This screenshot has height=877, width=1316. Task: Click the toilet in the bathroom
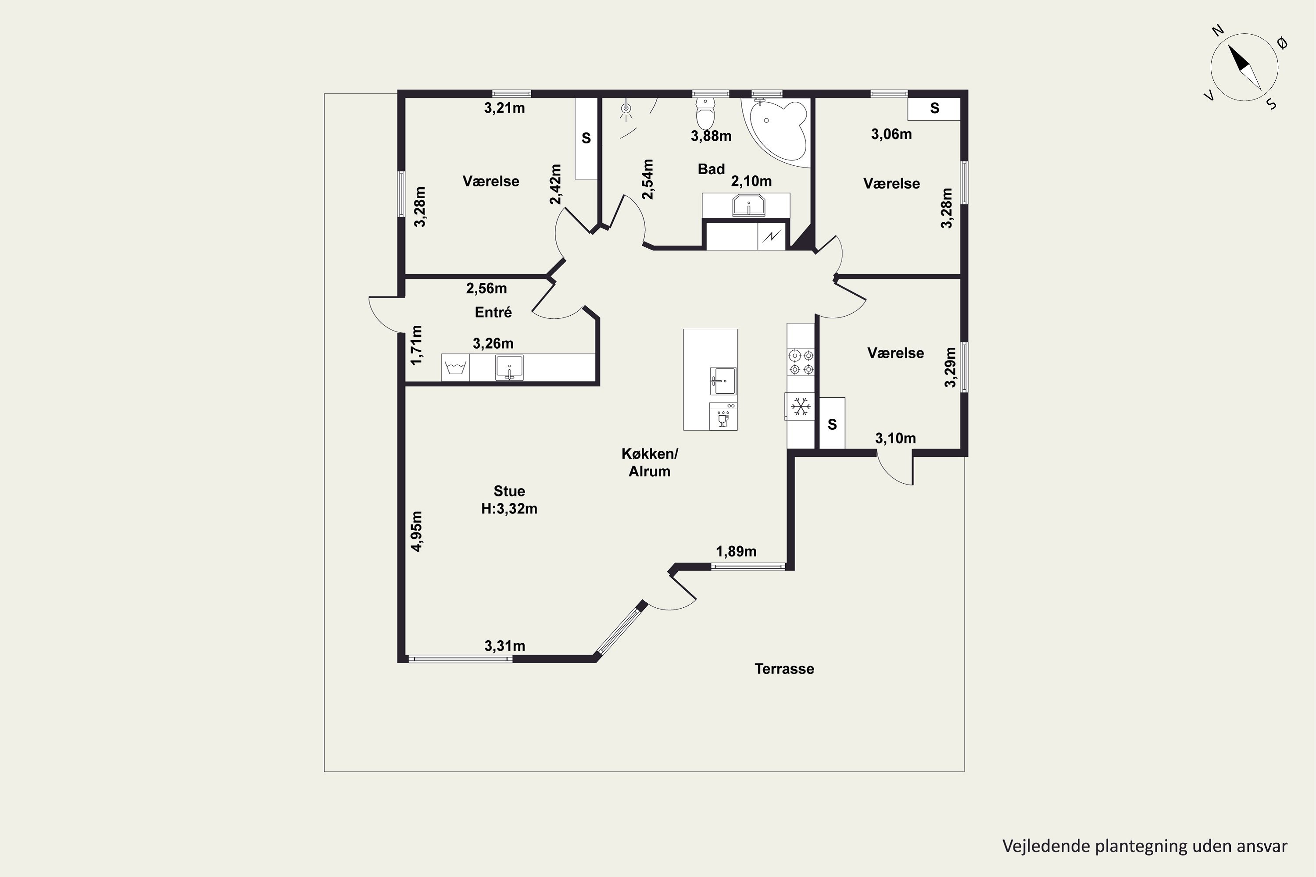(705, 114)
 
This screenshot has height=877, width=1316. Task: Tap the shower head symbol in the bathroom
(627, 110)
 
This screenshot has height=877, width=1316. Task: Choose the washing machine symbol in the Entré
(455, 368)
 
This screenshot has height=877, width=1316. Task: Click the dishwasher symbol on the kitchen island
(723, 417)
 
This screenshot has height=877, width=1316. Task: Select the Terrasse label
(784, 669)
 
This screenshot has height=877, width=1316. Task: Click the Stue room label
(509, 491)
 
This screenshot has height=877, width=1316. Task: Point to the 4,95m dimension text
(417, 531)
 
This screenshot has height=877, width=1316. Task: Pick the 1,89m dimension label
(737, 552)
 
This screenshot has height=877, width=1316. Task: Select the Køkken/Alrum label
(650, 462)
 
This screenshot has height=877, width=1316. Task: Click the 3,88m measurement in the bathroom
(711, 136)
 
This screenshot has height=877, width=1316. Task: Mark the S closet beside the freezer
(832, 424)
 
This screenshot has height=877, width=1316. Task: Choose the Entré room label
(493, 312)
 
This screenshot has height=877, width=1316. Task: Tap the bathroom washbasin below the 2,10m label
(748, 205)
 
